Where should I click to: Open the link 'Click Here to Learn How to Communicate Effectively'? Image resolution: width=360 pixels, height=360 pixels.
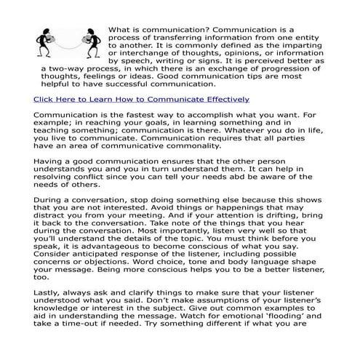[x=142, y=99]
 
